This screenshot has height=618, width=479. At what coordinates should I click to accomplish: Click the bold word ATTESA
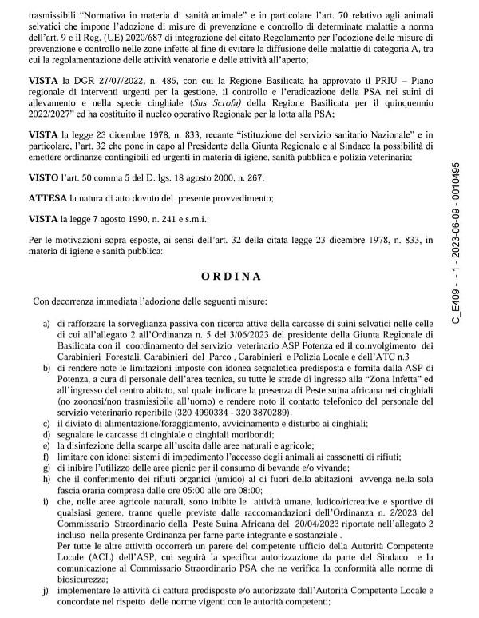tap(49, 197)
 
